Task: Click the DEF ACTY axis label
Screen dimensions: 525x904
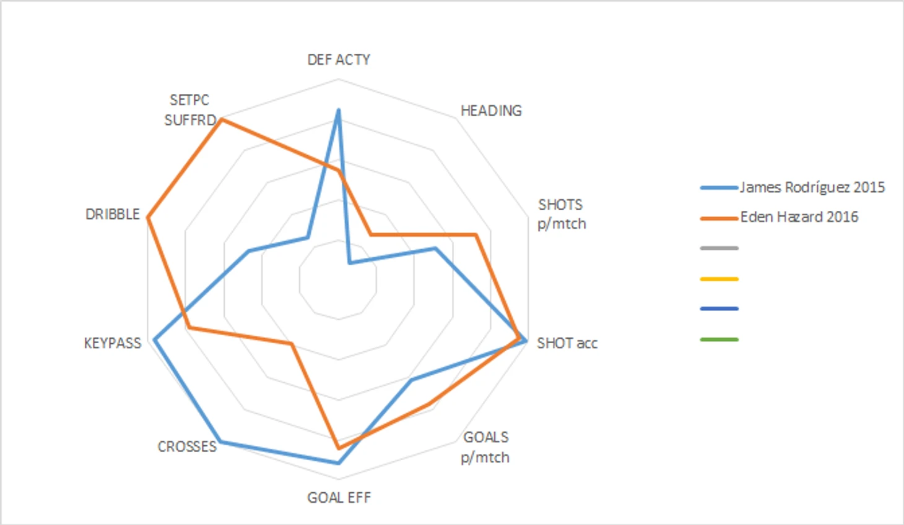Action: click(339, 59)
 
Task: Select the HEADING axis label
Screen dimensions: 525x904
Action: click(491, 111)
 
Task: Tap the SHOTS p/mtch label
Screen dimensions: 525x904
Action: click(561, 214)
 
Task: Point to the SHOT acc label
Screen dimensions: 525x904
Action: click(567, 343)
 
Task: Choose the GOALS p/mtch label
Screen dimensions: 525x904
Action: click(485, 447)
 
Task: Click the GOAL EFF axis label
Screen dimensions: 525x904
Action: click(339, 498)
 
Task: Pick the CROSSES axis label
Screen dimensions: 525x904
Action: click(187, 446)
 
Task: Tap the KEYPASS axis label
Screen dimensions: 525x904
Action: click(113, 343)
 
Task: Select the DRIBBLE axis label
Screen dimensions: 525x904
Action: click(113, 214)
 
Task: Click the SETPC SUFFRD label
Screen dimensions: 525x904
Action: click(190, 110)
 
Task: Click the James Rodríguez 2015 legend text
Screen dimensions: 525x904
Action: click(812, 187)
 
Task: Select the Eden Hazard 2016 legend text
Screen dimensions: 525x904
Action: click(799, 217)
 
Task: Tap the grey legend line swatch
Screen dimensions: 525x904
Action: click(719, 249)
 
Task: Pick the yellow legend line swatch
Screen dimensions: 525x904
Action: click(719, 279)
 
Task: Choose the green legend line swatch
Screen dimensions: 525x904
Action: click(719, 339)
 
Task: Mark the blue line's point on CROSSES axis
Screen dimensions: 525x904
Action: click(221, 442)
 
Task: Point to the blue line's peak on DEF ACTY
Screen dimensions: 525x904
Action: click(338, 110)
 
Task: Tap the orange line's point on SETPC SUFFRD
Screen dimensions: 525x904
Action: click(222, 119)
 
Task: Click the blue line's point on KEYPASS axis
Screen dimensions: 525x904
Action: click(155, 339)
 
